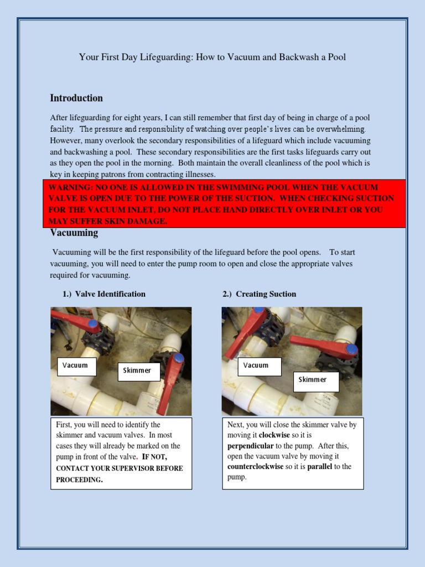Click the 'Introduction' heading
pyautogui.click(x=76, y=98)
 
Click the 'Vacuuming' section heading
pyautogui.click(x=74, y=233)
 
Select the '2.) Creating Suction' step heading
pyautogui.click(x=260, y=294)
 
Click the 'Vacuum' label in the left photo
pyautogui.click(x=75, y=365)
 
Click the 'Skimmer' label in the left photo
pyautogui.click(x=138, y=370)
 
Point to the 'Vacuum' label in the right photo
pyautogui.click(x=256, y=365)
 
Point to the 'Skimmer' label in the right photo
pyautogui.click(x=313, y=380)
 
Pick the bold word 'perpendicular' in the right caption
pyautogui.click(x=250, y=446)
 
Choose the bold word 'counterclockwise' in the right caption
pyautogui.click(x=256, y=467)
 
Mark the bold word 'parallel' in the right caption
pyautogui.click(x=320, y=467)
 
